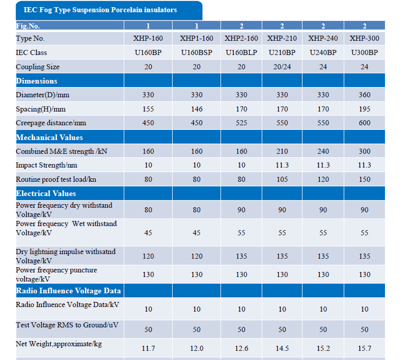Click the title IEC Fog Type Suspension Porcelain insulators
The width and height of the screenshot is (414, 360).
[x=100, y=10]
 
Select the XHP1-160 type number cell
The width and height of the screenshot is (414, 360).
[x=197, y=39]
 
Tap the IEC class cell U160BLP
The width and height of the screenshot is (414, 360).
[x=241, y=52]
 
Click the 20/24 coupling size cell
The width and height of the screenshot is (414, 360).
[x=282, y=67]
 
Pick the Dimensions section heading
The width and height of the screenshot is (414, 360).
[x=37, y=81]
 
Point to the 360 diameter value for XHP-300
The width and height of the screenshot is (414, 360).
[x=365, y=95]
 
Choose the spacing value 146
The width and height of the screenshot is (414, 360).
[x=197, y=109]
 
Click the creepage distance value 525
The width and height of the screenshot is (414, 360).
[x=241, y=123]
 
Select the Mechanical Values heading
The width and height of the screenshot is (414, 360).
[x=49, y=137]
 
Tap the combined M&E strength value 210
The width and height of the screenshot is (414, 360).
[x=282, y=151]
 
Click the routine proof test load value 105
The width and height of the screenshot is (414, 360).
[x=282, y=179]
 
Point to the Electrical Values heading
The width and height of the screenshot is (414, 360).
[x=46, y=193]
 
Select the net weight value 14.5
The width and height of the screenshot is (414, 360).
[x=282, y=348]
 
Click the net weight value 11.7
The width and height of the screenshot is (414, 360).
[x=148, y=348]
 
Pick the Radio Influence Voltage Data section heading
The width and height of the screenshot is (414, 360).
[x=68, y=291]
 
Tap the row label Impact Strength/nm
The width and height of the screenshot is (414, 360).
[x=46, y=165]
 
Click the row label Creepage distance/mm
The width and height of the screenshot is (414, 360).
[x=51, y=123]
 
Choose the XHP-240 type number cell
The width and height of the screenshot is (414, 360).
[x=323, y=39]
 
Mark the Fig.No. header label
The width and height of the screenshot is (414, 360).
[x=28, y=26]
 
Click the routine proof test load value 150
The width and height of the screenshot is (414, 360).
[x=365, y=179]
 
